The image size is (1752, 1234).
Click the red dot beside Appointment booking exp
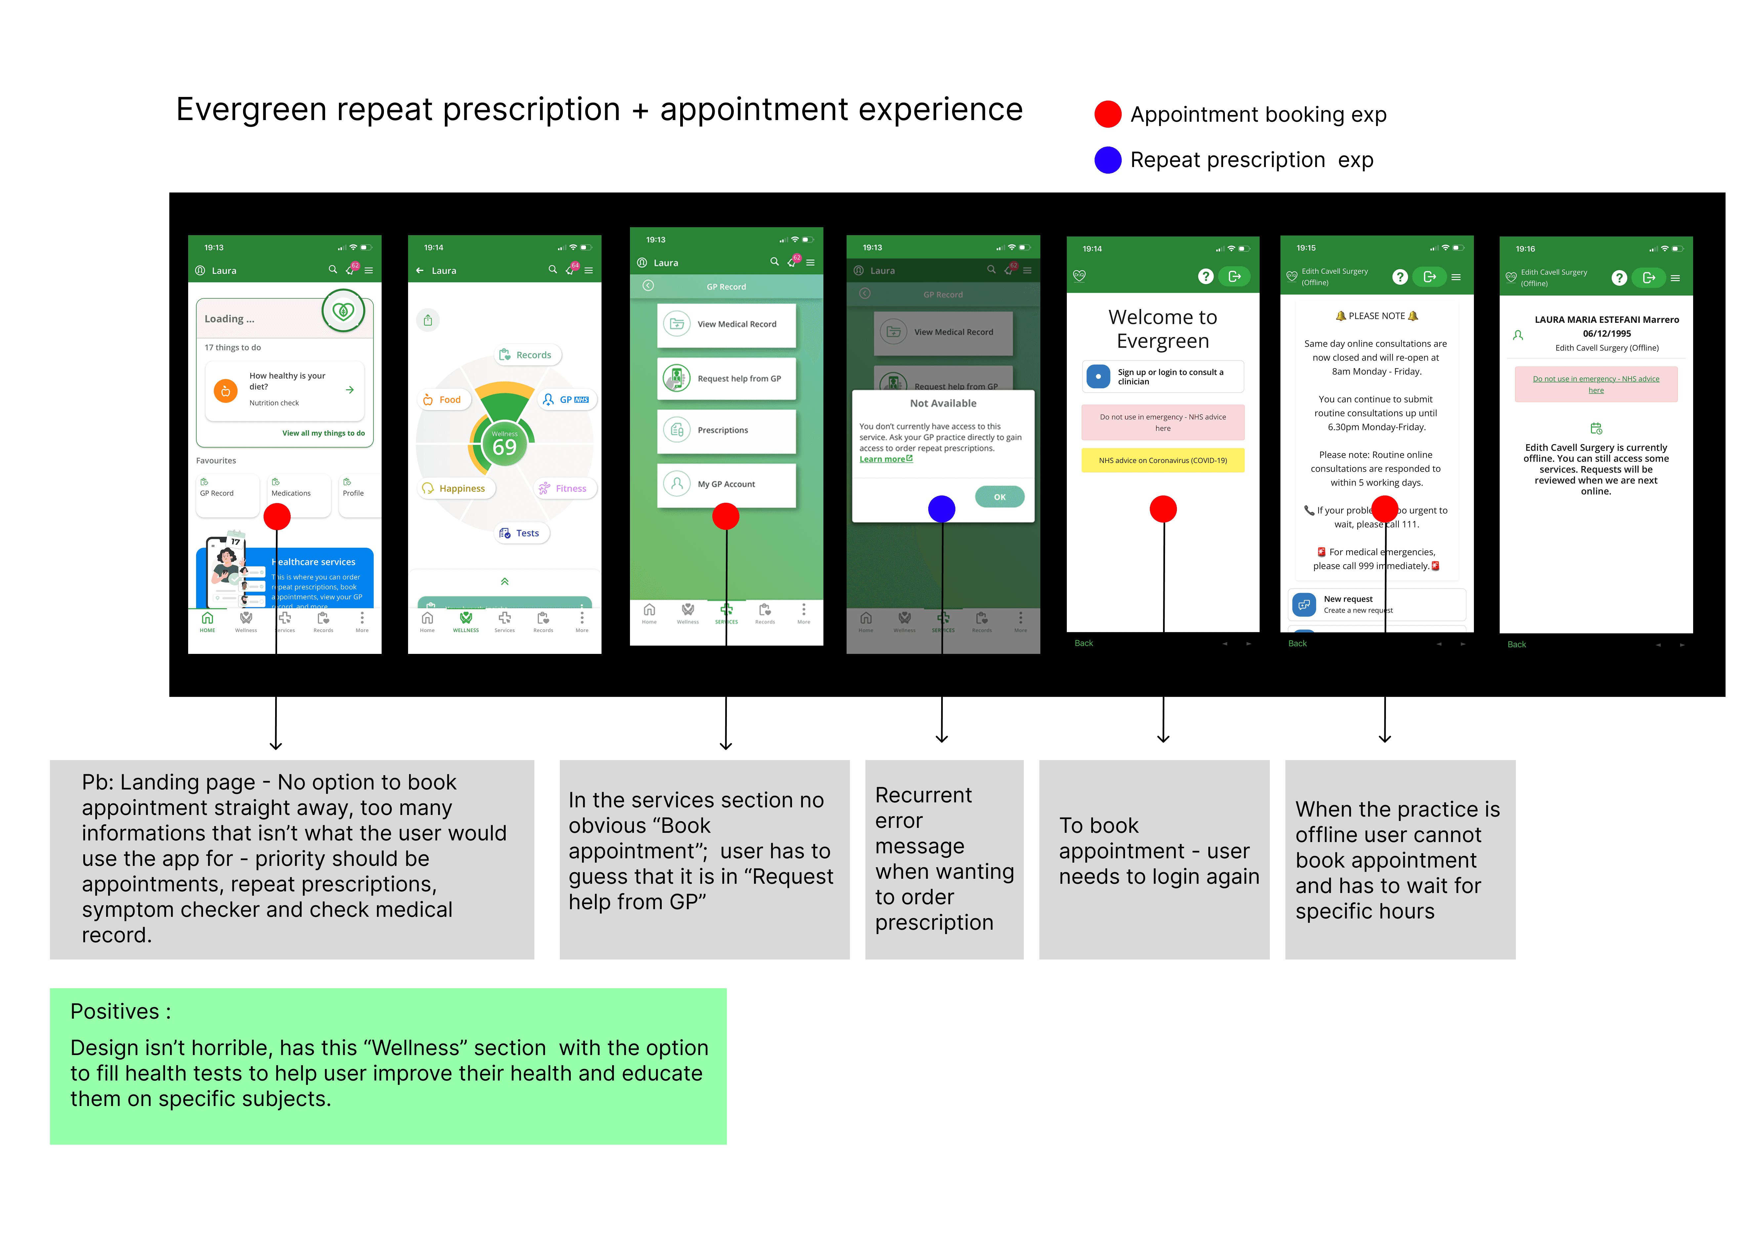tap(1107, 114)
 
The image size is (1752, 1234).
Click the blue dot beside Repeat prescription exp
tap(1107, 160)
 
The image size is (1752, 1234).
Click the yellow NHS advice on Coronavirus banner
tap(1162, 460)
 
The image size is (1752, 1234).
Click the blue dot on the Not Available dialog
tap(941, 509)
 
